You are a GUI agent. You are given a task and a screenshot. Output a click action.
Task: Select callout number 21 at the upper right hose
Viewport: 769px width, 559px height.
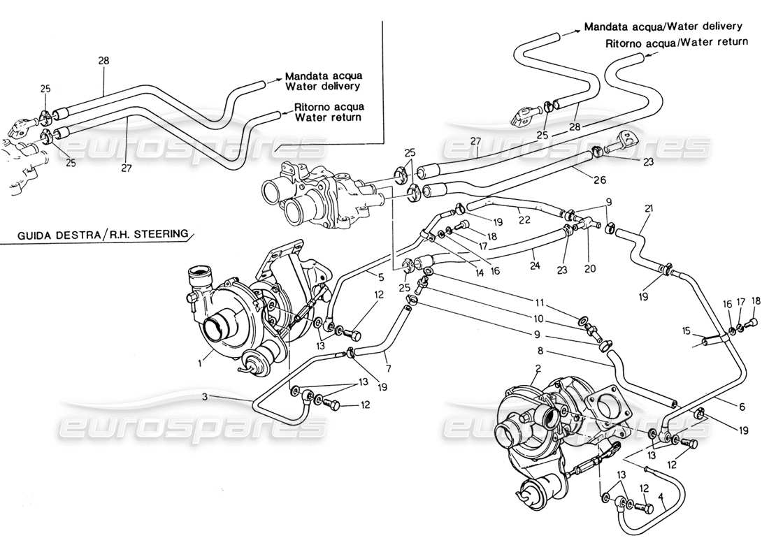click(x=649, y=209)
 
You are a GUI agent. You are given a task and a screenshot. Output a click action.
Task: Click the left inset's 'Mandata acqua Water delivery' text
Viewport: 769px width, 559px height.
click(x=322, y=82)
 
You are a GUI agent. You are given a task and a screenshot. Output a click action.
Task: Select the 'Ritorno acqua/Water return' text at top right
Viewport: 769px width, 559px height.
click(x=677, y=42)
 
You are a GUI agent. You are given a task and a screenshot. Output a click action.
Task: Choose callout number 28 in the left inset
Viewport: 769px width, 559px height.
click(x=103, y=61)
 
